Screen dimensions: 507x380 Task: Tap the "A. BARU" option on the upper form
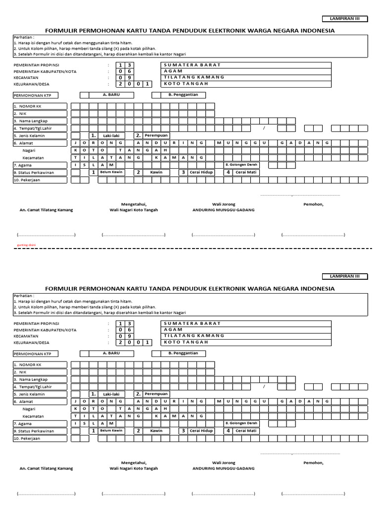coord(111,95)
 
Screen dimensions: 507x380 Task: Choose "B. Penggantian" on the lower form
coord(183,353)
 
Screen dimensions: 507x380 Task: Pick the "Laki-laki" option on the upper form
coord(111,136)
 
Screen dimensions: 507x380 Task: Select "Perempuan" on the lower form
coord(156,394)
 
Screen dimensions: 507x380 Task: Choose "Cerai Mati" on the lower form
coord(246,431)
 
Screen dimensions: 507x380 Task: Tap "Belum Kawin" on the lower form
coord(111,431)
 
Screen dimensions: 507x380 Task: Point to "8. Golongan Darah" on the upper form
coord(241,164)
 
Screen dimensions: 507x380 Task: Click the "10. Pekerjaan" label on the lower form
coord(27,438)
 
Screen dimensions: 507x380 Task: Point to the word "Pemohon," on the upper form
coord(313,204)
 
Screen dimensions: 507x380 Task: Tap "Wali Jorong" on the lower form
coord(224,462)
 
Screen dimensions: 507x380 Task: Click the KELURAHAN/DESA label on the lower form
coord(35,342)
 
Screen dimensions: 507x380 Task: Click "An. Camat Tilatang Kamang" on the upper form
coord(46,210)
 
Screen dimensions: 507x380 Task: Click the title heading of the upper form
coord(190,31)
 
